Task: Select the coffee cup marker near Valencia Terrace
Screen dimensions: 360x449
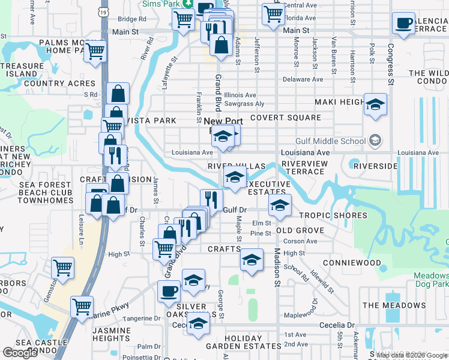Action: [x=403, y=24]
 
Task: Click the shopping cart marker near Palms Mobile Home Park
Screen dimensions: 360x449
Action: [x=95, y=52]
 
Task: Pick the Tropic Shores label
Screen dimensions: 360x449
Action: [x=333, y=215]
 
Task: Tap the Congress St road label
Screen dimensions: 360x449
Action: [x=390, y=64]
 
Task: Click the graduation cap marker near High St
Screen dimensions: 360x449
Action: [x=252, y=260]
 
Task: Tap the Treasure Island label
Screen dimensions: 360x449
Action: [x=22, y=70]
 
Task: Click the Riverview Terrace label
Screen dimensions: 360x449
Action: [x=304, y=167]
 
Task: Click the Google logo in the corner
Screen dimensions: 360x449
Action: [x=20, y=352]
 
